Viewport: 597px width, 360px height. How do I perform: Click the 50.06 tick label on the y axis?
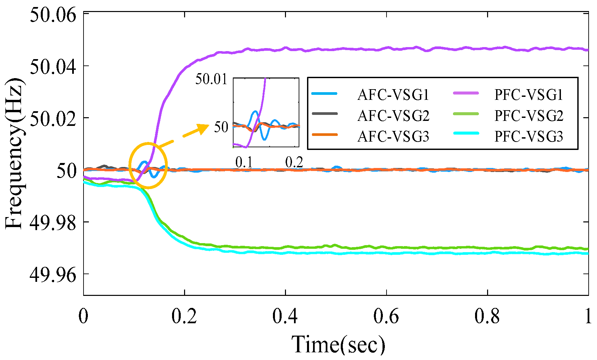(x=53, y=15)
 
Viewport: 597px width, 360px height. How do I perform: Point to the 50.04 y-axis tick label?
(x=53, y=67)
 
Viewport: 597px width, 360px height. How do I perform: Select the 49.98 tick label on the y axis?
(x=53, y=223)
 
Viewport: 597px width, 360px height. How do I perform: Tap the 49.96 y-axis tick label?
(x=53, y=275)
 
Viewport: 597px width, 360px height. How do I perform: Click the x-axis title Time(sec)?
(x=338, y=344)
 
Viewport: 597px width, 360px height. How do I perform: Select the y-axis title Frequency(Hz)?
(x=14, y=154)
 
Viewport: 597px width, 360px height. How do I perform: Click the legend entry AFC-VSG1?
(x=393, y=95)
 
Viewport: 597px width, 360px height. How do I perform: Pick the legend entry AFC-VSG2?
(x=393, y=116)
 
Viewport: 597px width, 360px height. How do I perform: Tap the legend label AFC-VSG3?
(x=393, y=137)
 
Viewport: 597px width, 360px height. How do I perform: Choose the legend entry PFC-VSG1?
(x=529, y=95)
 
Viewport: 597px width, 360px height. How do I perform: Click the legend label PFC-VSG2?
(x=529, y=116)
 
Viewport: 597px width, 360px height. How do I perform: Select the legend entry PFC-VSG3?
(x=529, y=137)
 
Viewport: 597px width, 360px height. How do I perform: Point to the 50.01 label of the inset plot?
(x=211, y=79)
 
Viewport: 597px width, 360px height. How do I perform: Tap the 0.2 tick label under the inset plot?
(x=294, y=162)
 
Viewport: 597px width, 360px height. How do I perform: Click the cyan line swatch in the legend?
(x=466, y=133)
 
